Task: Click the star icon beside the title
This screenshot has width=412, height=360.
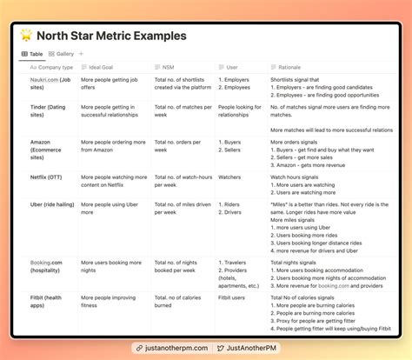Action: point(27,37)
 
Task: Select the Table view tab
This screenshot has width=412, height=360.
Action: point(34,54)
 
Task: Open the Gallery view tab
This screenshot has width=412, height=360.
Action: point(62,54)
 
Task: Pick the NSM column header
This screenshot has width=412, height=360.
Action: point(167,67)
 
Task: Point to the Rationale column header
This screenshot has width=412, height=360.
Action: point(289,67)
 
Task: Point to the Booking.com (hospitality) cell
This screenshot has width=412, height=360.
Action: point(49,266)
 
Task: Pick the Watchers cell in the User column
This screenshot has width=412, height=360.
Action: point(230,177)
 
